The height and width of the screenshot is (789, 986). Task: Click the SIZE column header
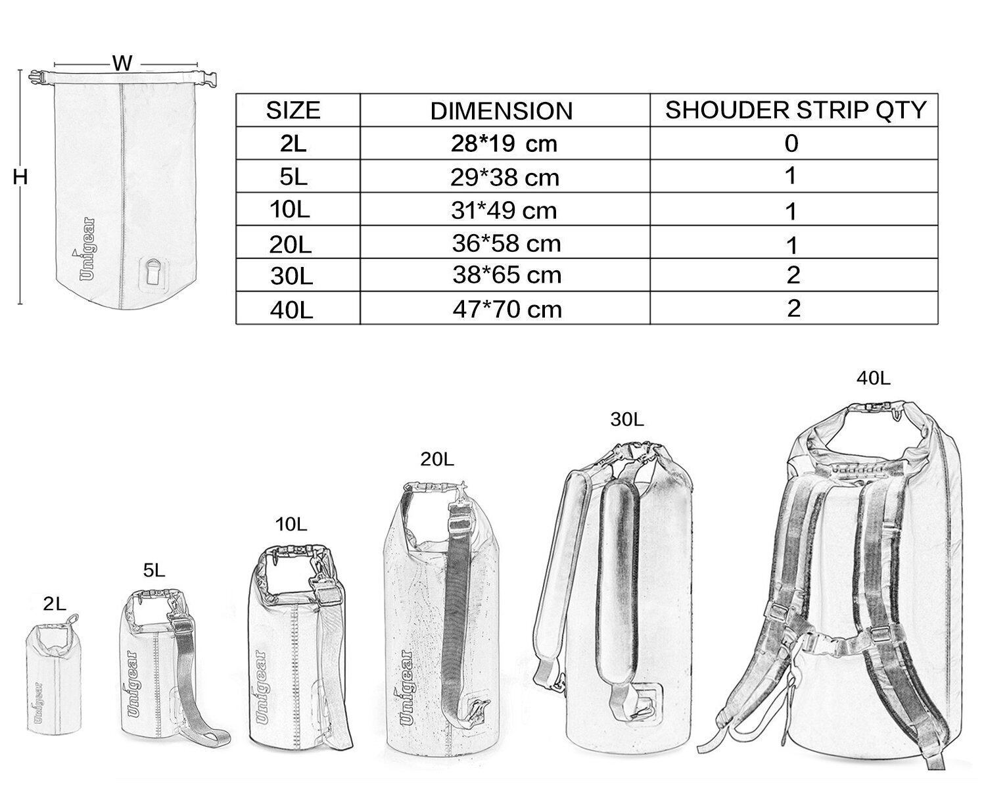pos(293,110)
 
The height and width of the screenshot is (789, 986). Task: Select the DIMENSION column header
pos(502,111)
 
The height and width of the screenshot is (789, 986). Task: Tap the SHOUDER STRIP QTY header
pos(796,110)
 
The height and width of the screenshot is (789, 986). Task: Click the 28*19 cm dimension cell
pos(504,144)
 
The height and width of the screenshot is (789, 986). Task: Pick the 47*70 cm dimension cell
pos(507,309)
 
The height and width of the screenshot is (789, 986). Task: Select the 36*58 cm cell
pos(506,243)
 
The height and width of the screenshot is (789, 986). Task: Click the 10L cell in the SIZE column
pos(290,210)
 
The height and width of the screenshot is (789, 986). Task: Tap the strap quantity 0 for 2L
pos(791,143)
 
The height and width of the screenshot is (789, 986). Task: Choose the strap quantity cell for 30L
pos(793,275)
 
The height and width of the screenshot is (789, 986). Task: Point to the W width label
pos(122,63)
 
